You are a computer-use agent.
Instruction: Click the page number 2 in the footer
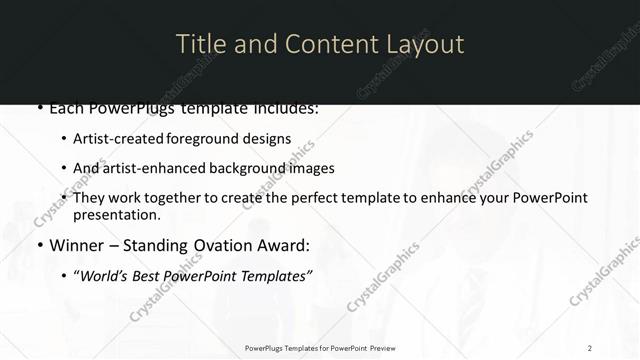point(590,347)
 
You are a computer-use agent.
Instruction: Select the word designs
point(270,139)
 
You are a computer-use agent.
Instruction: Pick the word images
point(311,168)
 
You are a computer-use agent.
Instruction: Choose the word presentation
point(115,215)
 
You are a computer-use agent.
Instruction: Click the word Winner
point(78,245)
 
